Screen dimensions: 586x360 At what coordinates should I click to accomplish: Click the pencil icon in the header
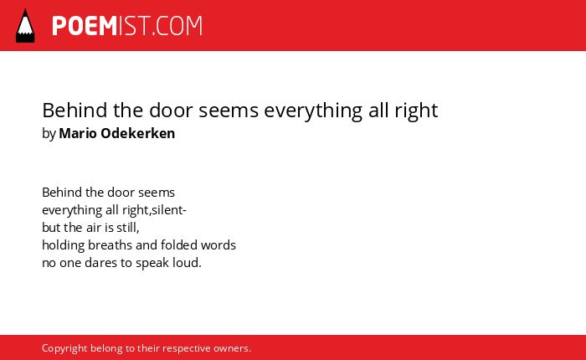(25, 25)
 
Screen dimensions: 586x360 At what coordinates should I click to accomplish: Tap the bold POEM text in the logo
(85, 26)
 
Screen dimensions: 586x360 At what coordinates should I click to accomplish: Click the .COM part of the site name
(177, 26)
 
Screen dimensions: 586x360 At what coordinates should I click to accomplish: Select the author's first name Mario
(78, 133)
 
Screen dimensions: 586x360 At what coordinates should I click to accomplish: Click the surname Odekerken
(138, 133)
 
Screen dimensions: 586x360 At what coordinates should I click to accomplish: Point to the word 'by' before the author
(49, 134)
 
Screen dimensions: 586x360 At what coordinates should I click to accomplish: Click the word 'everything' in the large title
(313, 111)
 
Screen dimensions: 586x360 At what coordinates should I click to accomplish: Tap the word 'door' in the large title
(171, 111)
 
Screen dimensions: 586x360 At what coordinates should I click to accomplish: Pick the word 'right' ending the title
(416, 111)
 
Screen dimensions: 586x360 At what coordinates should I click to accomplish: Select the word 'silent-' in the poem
(169, 210)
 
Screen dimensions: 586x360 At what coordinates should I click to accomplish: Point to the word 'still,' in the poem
(128, 228)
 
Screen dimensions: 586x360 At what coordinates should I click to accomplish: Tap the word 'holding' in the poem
(63, 245)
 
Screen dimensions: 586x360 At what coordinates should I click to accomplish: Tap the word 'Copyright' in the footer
(64, 349)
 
